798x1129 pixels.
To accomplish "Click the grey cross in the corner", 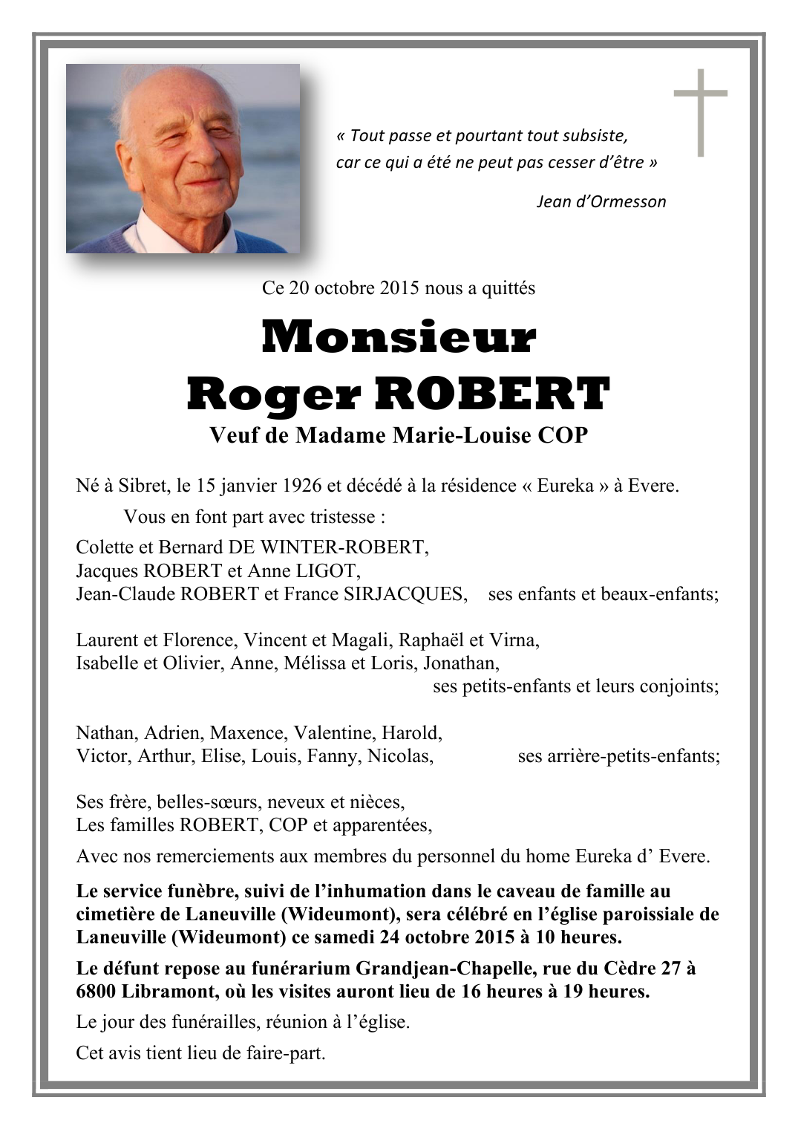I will pyautogui.click(x=700, y=111).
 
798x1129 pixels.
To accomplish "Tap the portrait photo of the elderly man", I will pyautogui.click(x=183, y=158).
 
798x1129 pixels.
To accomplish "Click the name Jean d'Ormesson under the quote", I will pyautogui.click(x=601, y=201).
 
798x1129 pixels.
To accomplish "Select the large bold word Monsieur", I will pyautogui.click(x=399, y=337).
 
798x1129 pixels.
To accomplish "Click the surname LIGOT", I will pyautogui.click(x=328, y=571).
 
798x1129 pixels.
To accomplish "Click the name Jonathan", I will pyautogui.click(x=465, y=663).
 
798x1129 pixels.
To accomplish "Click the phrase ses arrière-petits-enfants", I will pyautogui.click(x=618, y=756).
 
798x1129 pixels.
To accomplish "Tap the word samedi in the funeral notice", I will pyautogui.click(x=344, y=937).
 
